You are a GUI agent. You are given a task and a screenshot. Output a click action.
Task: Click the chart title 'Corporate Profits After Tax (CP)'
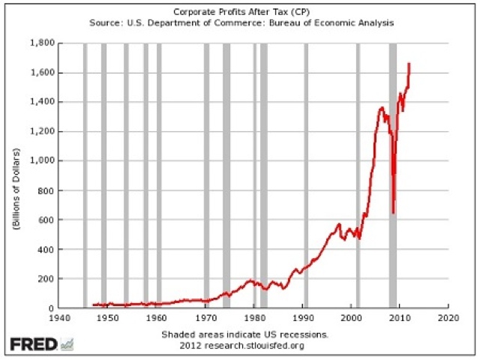(240, 13)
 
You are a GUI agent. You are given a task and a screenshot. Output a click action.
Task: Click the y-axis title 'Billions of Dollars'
(16, 175)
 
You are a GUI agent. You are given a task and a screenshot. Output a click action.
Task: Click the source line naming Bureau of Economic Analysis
(240, 23)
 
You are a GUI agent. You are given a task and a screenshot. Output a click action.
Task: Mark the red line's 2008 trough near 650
(393, 212)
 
